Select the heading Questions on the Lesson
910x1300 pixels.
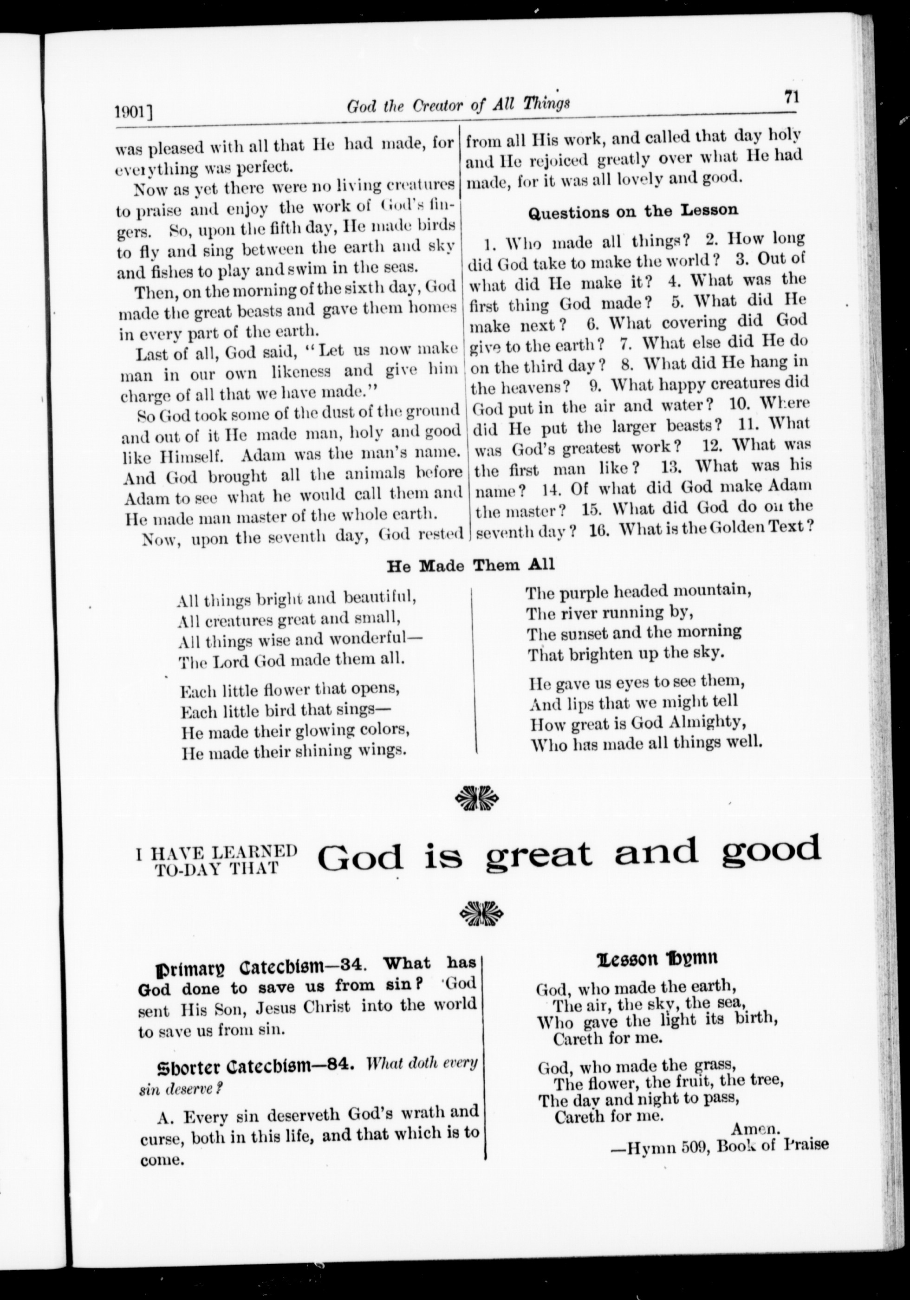[x=632, y=211]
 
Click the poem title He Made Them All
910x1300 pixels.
[x=470, y=565]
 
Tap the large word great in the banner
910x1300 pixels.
[x=539, y=853]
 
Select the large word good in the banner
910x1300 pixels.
[x=770, y=849]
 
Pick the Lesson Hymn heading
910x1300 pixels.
[x=657, y=958]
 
